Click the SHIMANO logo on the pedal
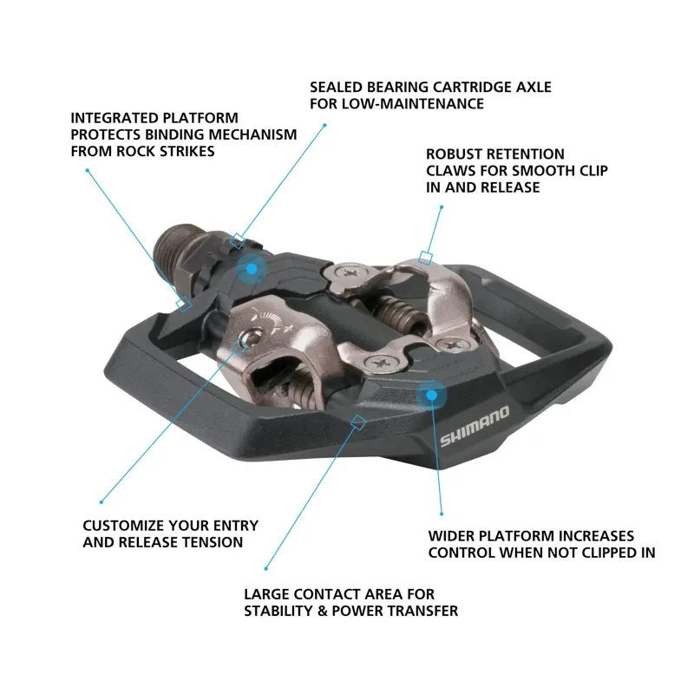(x=475, y=426)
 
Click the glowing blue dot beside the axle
(x=251, y=269)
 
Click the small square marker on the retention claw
(x=425, y=257)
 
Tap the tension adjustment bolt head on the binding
(x=250, y=340)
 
